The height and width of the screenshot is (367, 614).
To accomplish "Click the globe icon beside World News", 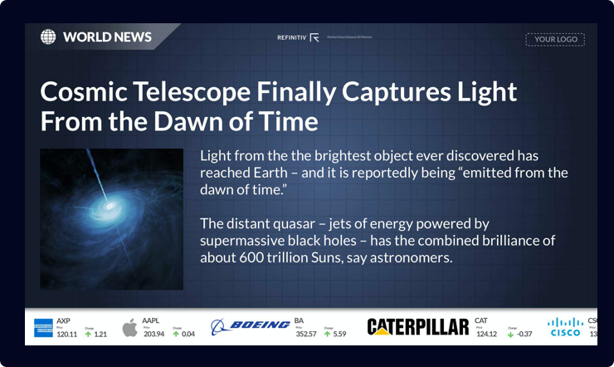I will pyautogui.click(x=49, y=37).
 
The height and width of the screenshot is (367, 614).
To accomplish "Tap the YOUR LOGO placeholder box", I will pyautogui.click(x=555, y=39).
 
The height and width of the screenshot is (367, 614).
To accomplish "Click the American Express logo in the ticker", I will pyautogui.click(x=43, y=328).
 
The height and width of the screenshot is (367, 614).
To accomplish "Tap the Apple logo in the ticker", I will pyautogui.click(x=130, y=328).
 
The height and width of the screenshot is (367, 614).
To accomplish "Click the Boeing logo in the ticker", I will pyautogui.click(x=250, y=325).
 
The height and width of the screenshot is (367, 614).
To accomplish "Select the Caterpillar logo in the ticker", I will pyautogui.click(x=417, y=327).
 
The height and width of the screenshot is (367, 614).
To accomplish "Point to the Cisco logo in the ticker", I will pyautogui.click(x=564, y=327).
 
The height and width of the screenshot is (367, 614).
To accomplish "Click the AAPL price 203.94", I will pyautogui.click(x=153, y=334).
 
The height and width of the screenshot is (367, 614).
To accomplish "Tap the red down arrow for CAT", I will pyautogui.click(x=510, y=335).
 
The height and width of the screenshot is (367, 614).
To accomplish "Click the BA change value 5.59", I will pyautogui.click(x=339, y=334).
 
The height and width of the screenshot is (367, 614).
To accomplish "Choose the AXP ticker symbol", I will pyautogui.click(x=63, y=321).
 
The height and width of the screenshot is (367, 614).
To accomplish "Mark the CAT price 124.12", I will pyautogui.click(x=486, y=334).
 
